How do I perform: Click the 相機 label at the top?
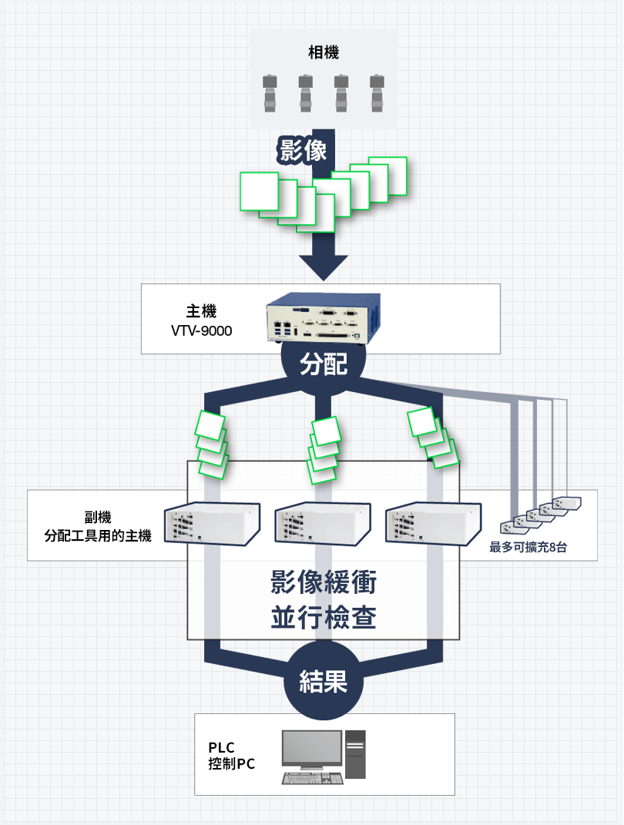tap(324, 52)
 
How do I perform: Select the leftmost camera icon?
tap(270, 93)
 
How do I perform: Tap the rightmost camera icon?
tap(377, 93)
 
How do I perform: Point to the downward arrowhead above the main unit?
tap(324, 267)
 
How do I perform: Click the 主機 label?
tap(201, 312)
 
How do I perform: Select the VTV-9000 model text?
tap(201, 331)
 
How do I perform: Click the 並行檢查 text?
tap(324, 617)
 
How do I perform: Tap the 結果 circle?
tap(324, 682)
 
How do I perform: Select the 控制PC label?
tap(231, 765)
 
